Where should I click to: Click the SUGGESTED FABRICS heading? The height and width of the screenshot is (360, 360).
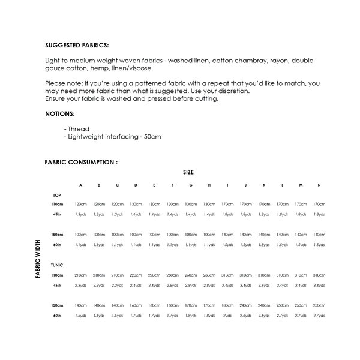(x=77, y=45)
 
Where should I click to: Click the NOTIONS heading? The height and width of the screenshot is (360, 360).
(x=60, y=113)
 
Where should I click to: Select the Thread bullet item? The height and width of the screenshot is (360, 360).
(x=76, y=128)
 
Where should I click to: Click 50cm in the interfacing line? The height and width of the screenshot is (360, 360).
(x=152, y=137)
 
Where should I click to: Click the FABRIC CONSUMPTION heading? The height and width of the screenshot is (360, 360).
(x=81, y=162)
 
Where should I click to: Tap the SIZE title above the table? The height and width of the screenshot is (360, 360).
(x=188, y=172)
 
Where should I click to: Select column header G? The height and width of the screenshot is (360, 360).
(x=191, y=185)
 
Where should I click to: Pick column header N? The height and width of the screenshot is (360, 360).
(x=319, y=185)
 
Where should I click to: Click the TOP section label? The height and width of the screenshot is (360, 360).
(x=57, y=196)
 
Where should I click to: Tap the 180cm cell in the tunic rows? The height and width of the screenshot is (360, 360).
(x=227, y=305)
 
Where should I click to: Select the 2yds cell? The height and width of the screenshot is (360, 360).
(x=227, y=315)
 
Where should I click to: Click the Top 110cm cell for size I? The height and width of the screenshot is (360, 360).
(x=227, y=205)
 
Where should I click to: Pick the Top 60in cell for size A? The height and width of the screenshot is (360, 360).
(x=81, y=244)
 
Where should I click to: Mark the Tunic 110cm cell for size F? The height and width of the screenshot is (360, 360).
(x=173, y=275)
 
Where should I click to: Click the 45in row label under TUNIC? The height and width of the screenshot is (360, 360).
(x=58, y=285)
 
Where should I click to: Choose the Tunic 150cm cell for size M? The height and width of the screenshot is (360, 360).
(x=301, y=305)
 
